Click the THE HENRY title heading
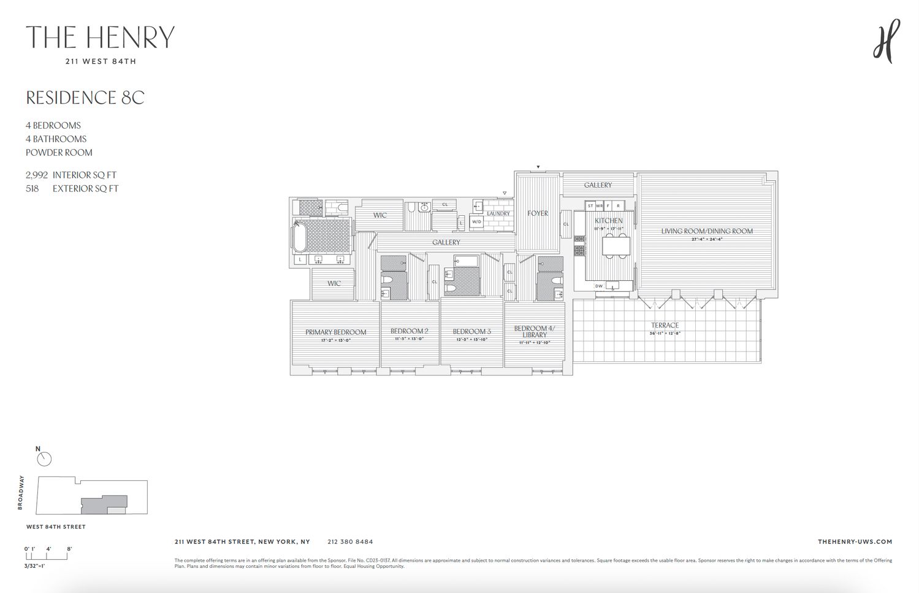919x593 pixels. (100, 37)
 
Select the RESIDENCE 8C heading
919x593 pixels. (85, 98)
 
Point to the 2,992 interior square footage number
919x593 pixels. (37, 175)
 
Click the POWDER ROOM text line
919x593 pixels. (59, 152)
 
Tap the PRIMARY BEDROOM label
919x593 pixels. (335, 332)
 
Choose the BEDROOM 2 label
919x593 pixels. (409, 331)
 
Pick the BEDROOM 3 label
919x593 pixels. (471, 332)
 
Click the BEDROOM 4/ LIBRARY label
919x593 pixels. (534, 331)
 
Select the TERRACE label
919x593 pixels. (665, 326)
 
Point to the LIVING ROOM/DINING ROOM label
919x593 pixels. (706, 231)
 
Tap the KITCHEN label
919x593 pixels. (608, 221)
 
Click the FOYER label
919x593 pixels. (537, 213)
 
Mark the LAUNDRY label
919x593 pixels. (498, 213)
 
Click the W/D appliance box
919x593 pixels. (476, 222)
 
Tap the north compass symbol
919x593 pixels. (44, 459)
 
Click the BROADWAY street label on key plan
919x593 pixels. (21, 492)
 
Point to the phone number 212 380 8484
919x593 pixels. (350, 541)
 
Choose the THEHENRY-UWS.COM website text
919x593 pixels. (855, 541)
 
